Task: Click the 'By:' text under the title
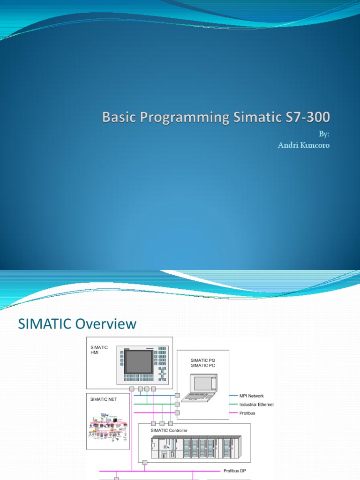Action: click(324, 134)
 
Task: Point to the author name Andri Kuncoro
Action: click(304, 145)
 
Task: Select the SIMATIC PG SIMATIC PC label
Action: click(203, 363)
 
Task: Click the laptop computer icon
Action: click(200, 387)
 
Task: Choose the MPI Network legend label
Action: click(251, 396)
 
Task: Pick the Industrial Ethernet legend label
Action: click(256, 405)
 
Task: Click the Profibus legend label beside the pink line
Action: click(247, 413)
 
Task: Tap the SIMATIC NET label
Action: click(104, 399)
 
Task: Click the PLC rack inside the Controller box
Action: click(194, 447)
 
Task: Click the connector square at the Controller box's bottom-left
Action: click(145, 462)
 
